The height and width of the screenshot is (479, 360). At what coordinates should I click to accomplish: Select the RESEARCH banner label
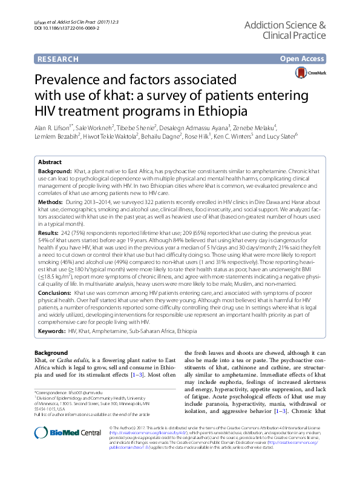[x=58, y=59]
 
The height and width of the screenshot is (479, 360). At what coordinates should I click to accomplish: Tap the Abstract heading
[x=50, y=163]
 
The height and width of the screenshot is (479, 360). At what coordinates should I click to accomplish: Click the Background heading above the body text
[x=51, y=352]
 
